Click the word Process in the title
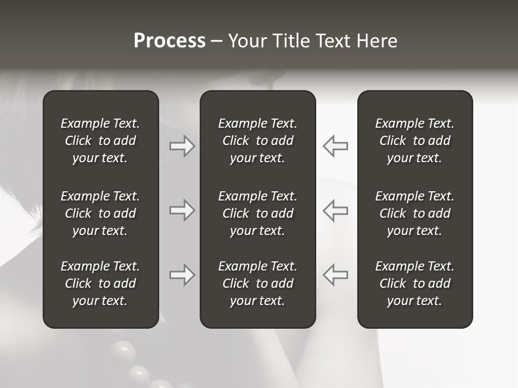[x=169, y=41]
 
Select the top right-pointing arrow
[x=182, y=146]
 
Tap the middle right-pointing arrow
[x=182, y=210]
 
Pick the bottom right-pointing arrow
[x=182, y=275]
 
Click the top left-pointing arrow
[x=335, y=146]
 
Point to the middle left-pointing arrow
[x=335, y=210]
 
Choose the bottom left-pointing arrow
[x=335, y=275]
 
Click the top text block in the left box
[x=100, y=141]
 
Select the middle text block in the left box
[x=100, y=213]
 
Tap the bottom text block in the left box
[x=100, y=283]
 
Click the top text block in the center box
[x=257, y=141]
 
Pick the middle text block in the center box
[x=257, y=213]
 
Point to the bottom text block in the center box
[x=257, y=283]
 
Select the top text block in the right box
[x=414, y=141]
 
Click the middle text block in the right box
[x=414, y=213]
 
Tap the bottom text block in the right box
[x=414, y=283]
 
